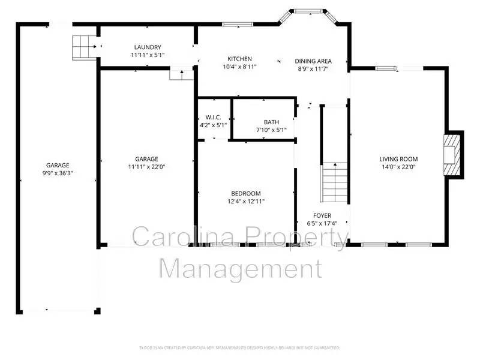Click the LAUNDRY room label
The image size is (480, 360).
[x=147, y=47]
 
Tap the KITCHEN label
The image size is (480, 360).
[x=239, y=59]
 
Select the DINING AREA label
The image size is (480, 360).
[x=314, y=61]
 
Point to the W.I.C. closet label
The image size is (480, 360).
[x=213, y=117]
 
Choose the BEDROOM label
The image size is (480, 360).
[x=246, y=193]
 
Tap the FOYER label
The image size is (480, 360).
[x=322, y=215]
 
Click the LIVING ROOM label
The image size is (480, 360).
[x=397, y=159]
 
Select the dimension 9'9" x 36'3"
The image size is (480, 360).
[x=58, y=173]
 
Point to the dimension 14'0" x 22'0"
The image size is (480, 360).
[x=397, y=167]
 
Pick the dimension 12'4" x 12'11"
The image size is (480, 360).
[x=246, y=202]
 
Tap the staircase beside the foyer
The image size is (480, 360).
[x=335, y=184]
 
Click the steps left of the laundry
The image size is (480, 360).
[x=80, y=46]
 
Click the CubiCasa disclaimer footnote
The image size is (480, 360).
[x=239, y=347]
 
